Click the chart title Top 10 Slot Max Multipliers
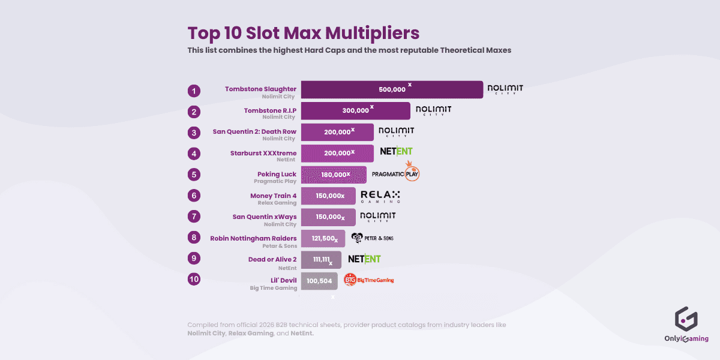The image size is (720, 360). pyautogui.click(x=303, y=32)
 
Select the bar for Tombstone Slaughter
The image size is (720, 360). pyautogui.click(x=392, y=89)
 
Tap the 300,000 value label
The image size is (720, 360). pyautogui.click(x=356, y=110)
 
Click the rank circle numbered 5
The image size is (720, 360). pyautogui.click(x=193, y=175)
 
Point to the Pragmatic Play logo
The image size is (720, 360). pyautogui.click(x=395, y=173)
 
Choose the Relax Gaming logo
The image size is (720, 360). pyautogui.click(x=380, y=196)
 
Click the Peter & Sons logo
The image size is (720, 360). pyautogui.click(x=372, y=238)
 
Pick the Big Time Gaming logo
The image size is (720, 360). pyautogui.click(x=369, y=280)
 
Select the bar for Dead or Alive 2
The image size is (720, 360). pyautogui.click(x=321, y=260)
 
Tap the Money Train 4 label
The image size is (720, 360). pyautogui.click(x=273, y=196)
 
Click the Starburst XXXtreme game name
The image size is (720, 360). pyautogui.click(x=263, y=153)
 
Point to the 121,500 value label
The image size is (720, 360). pyautogui.click(x=323, y=238)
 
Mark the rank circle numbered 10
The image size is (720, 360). pyautogui.click(x=193, y=280)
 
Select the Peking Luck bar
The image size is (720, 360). pyautogui.click(x=334, y=175)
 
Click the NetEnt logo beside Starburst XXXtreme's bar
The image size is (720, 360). pyautogui.click(x=396, y=151)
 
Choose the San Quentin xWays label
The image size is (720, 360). pyautogui.click(x=264, y=217)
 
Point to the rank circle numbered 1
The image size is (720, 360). pyautogui.click(x=193, y=91)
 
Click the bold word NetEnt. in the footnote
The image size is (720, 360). pyautogui.click(x=302, y=333)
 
